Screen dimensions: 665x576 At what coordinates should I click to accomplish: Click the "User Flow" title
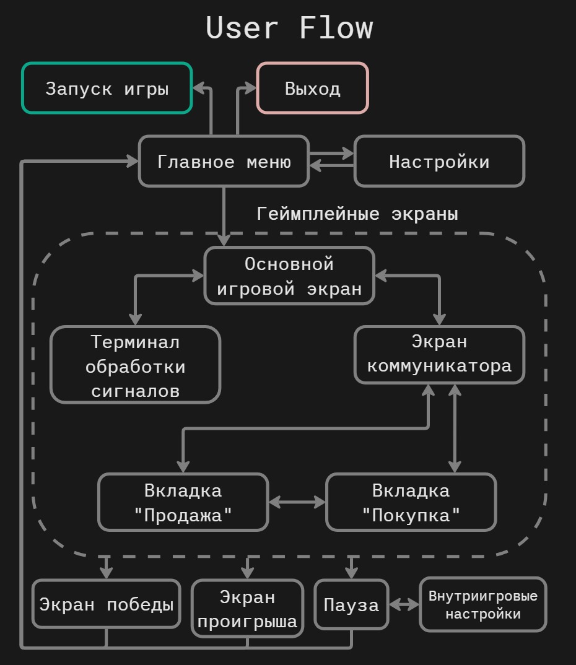point(289,28)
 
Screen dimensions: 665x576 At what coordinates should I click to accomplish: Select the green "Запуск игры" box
point(107,89)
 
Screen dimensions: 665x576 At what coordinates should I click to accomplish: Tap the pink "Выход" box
point(312,89)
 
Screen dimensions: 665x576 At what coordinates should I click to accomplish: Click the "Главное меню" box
point(224,162)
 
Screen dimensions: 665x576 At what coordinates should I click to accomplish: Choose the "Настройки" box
point(439,162)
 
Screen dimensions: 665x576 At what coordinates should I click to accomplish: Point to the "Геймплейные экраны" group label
point(357,214)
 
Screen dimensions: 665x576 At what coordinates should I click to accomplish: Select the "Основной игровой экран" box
point(289,276)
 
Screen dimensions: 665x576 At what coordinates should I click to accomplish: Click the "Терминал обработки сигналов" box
point(135,365)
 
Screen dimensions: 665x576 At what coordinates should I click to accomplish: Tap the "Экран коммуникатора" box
point(439,354)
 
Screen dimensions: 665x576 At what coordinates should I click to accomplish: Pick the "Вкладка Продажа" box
point(183,502)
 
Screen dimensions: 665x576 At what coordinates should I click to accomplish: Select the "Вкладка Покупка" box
point(411,502)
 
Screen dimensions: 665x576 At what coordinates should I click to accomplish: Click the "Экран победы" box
point(106,604)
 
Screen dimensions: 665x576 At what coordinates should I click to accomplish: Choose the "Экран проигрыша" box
point(247,609)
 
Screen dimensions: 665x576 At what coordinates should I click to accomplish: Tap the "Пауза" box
point(351,604)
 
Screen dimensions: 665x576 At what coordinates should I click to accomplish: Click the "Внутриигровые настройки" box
point(483,605)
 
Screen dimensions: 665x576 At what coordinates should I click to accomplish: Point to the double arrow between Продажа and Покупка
point(297,502)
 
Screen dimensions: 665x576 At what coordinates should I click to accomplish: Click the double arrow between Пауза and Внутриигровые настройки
point(404,604)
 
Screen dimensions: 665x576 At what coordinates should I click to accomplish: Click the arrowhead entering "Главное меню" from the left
point(132,162)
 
